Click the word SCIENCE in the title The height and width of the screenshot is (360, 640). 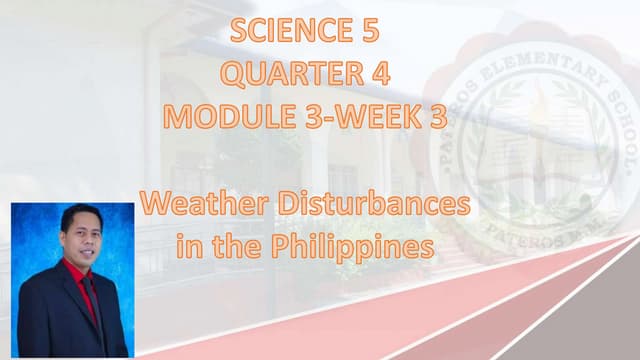tap(284, 32)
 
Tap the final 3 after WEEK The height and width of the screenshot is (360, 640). tap(437, 117)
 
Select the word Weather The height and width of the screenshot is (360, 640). tap(196, 206)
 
